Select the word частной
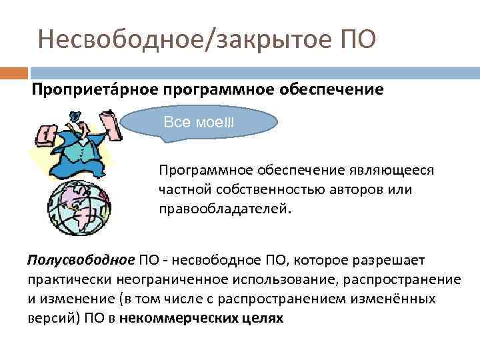coord(182,189)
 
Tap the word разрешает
coord(396,259)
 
